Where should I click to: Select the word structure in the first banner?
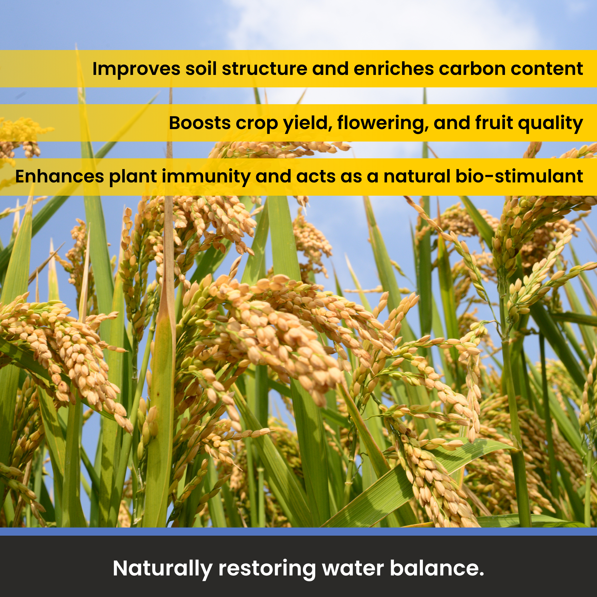tap(265, 69)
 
